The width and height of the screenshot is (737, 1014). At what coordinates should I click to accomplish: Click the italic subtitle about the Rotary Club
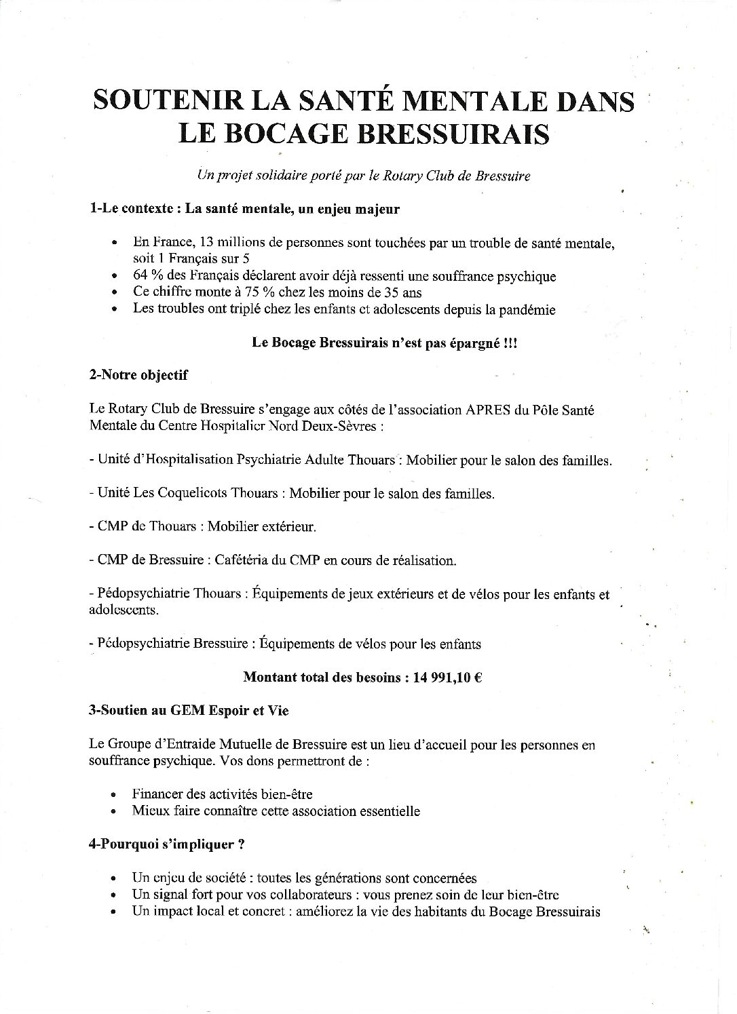363,176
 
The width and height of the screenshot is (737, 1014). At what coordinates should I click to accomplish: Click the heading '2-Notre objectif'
138,375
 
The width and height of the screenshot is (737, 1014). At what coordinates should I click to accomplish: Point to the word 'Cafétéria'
240,560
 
